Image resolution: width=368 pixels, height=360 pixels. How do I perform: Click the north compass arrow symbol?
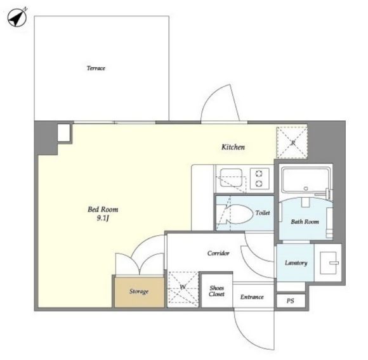click(17, 18)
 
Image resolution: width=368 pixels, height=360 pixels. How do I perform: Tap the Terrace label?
click(96, 68)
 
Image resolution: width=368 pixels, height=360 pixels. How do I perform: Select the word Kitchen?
click(233, 147)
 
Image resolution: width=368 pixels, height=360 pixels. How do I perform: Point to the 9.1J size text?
click(103, 219)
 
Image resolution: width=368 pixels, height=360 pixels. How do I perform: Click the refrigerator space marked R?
click(292, 143)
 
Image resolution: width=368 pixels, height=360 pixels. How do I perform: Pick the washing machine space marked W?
click(183, 289)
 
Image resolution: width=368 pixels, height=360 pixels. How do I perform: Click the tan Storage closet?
click(139, 292)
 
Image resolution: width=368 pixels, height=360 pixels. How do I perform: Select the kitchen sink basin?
click(231, 177)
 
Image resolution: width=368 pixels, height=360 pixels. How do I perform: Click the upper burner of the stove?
click(260, 174)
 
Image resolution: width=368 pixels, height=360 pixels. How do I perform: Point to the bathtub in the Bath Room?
click(305, 180)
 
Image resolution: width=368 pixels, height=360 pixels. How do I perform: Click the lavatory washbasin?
click(329, 263)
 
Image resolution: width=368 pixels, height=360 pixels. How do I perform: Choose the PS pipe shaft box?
click(291, 300)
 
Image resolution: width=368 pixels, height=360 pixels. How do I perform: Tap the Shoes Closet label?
click(216, 291)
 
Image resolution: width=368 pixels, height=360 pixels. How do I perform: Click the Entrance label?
click(252, 297)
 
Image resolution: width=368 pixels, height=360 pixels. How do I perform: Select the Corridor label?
click(218, 253)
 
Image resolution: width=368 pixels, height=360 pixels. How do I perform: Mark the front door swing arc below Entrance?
click(244, 337)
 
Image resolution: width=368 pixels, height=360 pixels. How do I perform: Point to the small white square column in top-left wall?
click(64, 132)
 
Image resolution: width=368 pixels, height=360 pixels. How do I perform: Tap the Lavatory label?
click(296, 263)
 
